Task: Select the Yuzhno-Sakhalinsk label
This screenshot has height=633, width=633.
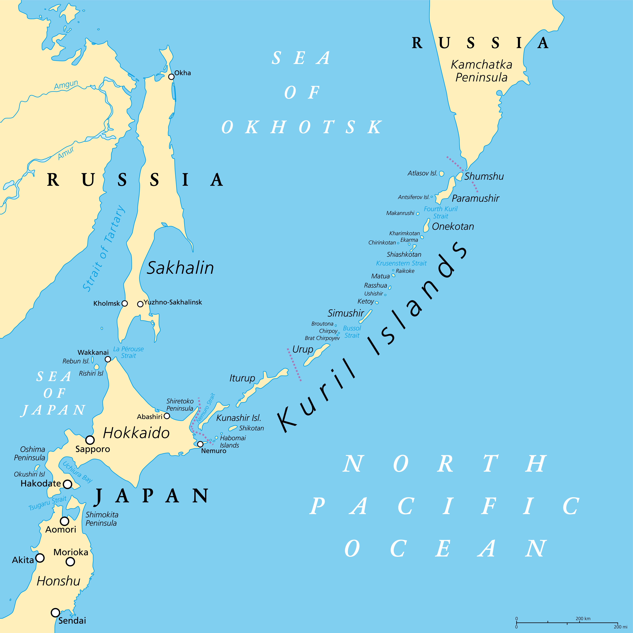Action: click(x=173, y=302)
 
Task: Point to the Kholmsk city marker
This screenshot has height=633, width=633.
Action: click(x=124, y=303)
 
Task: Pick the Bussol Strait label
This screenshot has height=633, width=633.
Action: click(x=352, y=332)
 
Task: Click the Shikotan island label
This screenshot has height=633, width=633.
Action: click(x=251, y=428)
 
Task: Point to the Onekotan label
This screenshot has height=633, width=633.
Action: click(x=453, y=226)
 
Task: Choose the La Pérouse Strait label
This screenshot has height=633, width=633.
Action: click(x=128, y=352)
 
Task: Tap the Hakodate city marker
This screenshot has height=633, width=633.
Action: click(x=68, y=484)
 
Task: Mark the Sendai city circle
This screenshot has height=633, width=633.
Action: click(x=55, y=612)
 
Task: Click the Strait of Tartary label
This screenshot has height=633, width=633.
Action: click(x=103, y=248)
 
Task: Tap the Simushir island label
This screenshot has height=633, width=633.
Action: click(x=346, y=313)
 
